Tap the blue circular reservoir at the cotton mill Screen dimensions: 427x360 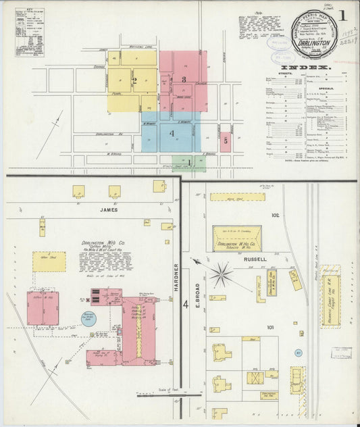click(89, 318)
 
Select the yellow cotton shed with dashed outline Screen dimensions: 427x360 click(49, 261)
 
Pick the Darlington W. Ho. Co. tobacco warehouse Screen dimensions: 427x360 click(237, 238)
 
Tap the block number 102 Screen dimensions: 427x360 click(275, 216)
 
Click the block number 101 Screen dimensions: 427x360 click(270, 327)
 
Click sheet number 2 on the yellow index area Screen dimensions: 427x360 click(134, 82)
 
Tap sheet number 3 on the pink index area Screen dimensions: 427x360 click(184, 80)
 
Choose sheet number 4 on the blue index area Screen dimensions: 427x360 click(172, 133)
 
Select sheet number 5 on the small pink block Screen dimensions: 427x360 click(225, 141)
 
